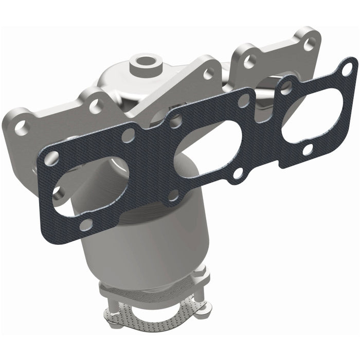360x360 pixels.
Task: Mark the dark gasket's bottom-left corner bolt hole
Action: (x=86, y=224)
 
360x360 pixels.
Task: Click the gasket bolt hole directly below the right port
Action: (x=308, y=151)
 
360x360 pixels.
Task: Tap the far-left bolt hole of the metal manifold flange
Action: (x=22, y=129)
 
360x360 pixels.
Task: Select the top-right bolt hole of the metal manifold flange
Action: (x=310, y=44)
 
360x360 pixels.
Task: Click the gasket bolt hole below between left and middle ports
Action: (x=173, y=195)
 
